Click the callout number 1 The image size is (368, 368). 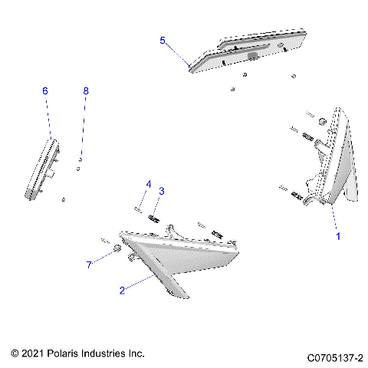pyautogui.click(x=338, y=236)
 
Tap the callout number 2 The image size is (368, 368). pyautogui.click(x=122, y=291)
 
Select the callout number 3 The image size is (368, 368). pyautogui.click(x=162, y=191)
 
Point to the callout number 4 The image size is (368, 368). pyautogui.click(x=149, y=184)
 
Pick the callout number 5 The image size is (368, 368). pyautogui.click(x=163, y=41)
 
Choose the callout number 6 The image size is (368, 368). pyautogui.click(x=45, y=90)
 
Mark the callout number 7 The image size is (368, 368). pyautogui.click(x=89, y=264)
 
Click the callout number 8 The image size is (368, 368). pyautogui.click(x=86, y=90)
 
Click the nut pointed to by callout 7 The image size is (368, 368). pyautogui.click(x=117, y=248)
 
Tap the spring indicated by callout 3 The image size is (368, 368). pyautogui.click(x=154, y=219)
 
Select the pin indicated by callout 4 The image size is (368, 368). pyautogui.click(x=138, y=209)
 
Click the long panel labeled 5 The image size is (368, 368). pyautogui.click(x=248, y=51)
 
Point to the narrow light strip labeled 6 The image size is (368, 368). pyautogui.click(x=42, y=169)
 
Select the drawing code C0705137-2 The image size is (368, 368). pyautogui.click(x=335, y=358)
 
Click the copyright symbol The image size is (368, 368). pyautogui.click(x=15, y=353)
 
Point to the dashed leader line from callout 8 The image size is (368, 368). pyautogui.click(x=83, y=127)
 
